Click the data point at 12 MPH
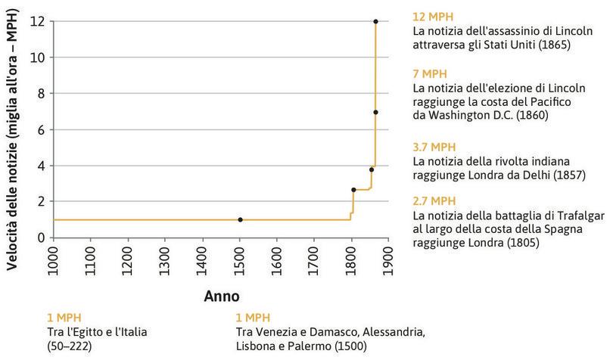pos(375,21)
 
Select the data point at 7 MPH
pos(375,112)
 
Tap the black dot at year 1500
pos(240,219)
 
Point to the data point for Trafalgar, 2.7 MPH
pos(353,189)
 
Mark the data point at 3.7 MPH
pos(372,169)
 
